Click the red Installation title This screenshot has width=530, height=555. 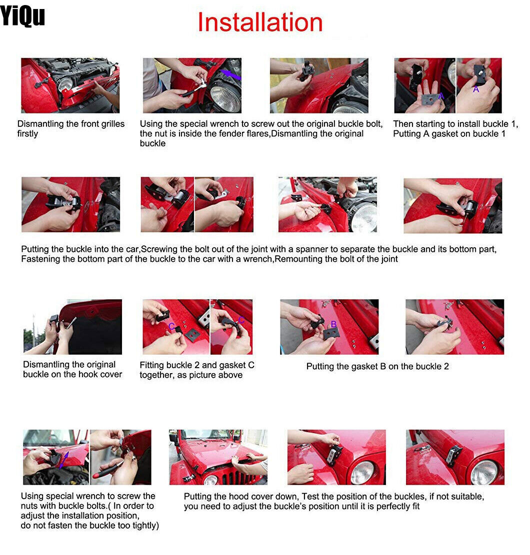(x=260, y=22)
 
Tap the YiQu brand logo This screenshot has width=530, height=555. (x=22, y=15)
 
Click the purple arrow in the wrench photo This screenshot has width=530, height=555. (x=230, y=75)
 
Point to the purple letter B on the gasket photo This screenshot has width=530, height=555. (x=333, y=324)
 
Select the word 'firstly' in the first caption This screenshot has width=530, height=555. (x=27, y=134)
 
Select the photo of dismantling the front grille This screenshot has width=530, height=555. (x=70, y=85)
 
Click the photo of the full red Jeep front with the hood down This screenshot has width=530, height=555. (x=218, y=457)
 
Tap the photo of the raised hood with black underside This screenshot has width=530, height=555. (x=72, y=327)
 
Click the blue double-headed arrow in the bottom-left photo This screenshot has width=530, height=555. (x=64, y=460)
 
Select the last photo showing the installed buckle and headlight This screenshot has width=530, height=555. (x=455, y=457)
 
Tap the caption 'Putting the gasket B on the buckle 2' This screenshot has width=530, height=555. (x=377, y=367)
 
